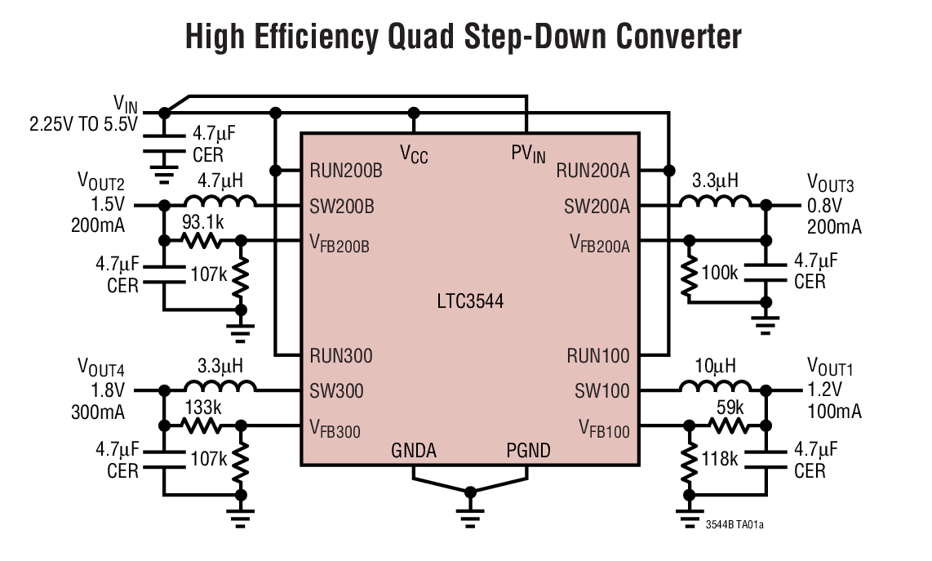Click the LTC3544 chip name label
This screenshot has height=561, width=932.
click(470, 301)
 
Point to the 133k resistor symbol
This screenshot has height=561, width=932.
click(201, 425)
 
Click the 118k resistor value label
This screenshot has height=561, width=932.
click(719, 459)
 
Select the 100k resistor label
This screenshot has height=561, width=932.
click(720, 273)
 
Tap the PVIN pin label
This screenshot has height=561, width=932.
click(528, 153)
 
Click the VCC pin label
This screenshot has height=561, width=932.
click(414, 153)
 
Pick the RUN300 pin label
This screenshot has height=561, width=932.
click(340, 355)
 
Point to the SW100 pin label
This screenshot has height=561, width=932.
click(602, 391)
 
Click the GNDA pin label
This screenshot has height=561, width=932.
click(413, 451)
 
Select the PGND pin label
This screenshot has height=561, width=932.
click(527, 451)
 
